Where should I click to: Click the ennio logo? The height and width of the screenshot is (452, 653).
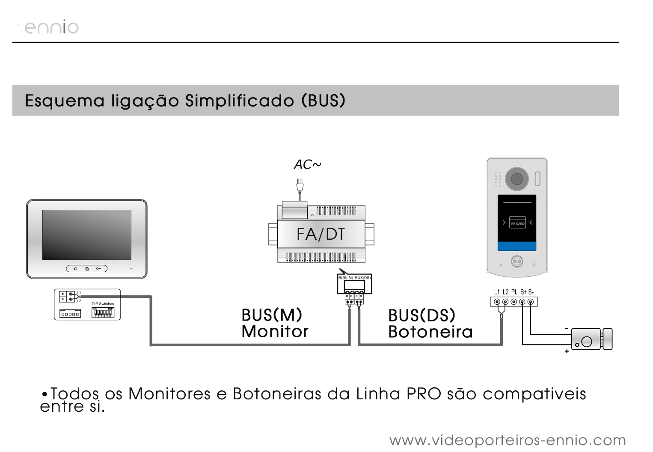click(51, 27)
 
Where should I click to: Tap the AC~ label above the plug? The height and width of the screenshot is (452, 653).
click(307, 164)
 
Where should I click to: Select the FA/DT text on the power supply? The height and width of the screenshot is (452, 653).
click(321, 234)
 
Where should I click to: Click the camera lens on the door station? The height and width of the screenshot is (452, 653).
click(517, 178)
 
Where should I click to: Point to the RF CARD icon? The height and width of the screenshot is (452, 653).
click(517, 223)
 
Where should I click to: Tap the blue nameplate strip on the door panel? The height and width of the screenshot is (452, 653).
click(517, 246)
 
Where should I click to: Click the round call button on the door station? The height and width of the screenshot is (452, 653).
click(517, 262)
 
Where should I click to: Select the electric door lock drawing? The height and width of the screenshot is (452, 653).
click(592, 339)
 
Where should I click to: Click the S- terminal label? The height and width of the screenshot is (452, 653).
click(531, 292)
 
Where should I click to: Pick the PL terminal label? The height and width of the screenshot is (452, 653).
click(514, 292)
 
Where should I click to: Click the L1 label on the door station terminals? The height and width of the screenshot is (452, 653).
click(497, 292)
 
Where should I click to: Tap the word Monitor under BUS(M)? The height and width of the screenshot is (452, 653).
click(275, 332)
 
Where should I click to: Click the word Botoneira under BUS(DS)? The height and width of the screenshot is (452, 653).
click(430, 332)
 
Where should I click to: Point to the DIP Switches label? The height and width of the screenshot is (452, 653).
click(103, 304)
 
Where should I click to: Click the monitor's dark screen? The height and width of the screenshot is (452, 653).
click(86, 235)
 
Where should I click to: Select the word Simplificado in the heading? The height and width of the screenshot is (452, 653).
click(240, 101)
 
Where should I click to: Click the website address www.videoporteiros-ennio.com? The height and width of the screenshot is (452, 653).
click(508, 440)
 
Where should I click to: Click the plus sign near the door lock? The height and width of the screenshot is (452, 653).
click(567, 351)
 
